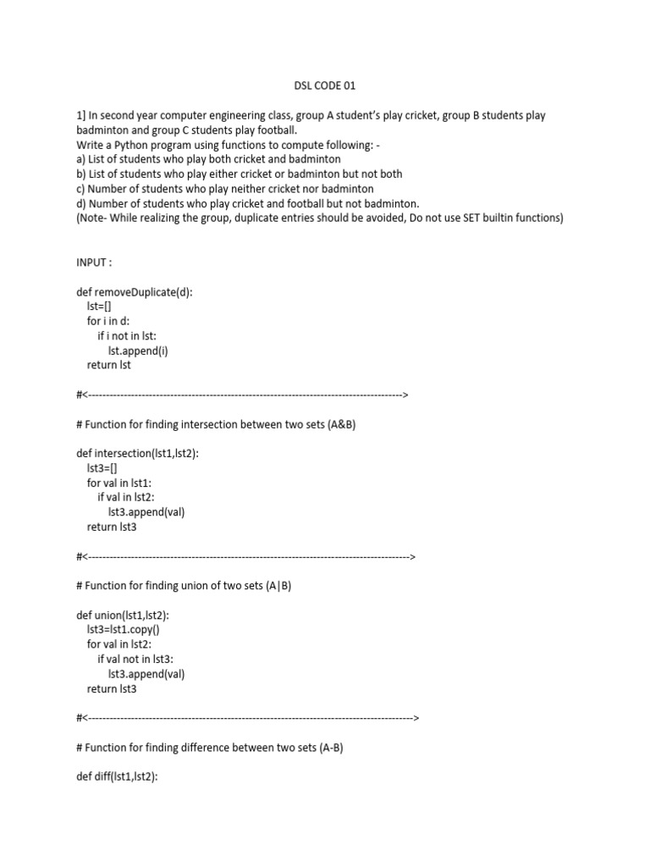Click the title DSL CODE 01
click(x=326, y=86)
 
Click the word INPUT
click(x=93, y=262)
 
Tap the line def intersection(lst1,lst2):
click(x=137, y=454)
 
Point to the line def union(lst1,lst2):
click(x=123, y=616)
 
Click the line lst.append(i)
click(x=138, y=351)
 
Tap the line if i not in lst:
click(x=131, y=336)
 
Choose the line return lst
click(x=109, y=365)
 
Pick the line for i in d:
click(x=109, y=321)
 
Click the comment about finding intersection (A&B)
click(x=215, y=424)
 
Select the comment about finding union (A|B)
click(x=184, y=586)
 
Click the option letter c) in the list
click(x=81, y=188)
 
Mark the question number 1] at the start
click(x=81, y=115)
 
